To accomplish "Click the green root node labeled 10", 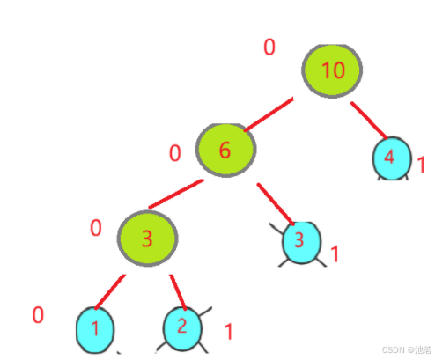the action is click(x=332, y=71).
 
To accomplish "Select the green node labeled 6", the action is click(x=225, y=151).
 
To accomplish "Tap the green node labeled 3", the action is click(x=147, y=239).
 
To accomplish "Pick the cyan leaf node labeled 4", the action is click(x=392, y=158).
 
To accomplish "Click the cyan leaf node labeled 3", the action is click(x=301, y=243).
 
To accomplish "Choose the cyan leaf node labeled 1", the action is click(x=95, y=330).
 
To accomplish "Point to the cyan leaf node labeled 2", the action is click(x=182, y=328).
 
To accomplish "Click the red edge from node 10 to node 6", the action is click(x=269, y=114).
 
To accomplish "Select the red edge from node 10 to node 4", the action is click(x=369, y=121).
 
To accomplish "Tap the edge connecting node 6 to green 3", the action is click(x=176, y=194).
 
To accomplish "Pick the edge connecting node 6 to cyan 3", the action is click(x=276, y=204).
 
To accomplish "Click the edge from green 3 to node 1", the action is click(x=110, y=291).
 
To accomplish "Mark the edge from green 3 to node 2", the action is click(x=178, y=292).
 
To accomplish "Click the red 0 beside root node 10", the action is click(x=269, y=48).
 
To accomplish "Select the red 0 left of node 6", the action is click(x=175, y=153).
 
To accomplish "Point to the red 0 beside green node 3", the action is click(x=96, y=228).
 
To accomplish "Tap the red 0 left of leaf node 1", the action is click(x=38, y=315).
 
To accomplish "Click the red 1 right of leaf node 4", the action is click(x=422, y=165).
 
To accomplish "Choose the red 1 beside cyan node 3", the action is click(x=335, y=253).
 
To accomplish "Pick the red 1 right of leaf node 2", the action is click(x=229, y=332).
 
